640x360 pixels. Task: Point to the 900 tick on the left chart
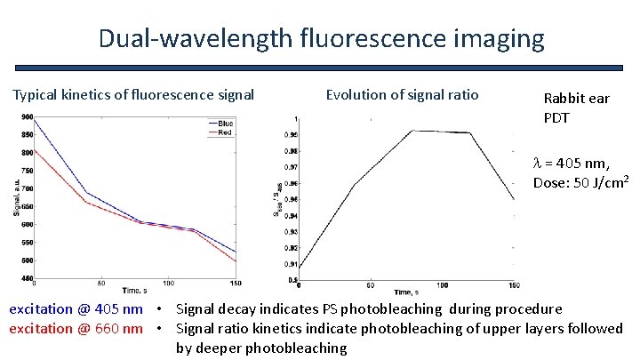[x=28, y=117]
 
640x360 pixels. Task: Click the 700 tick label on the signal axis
[x=28, y=188]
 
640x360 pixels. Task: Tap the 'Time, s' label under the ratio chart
[x=410, y=292]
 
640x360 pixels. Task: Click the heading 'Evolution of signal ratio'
[x=402, y=94]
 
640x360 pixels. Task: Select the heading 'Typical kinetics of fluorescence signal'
[x=132, y=94]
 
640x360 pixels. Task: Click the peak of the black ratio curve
[x=412, y=131]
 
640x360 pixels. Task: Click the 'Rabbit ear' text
[x=575, y=98]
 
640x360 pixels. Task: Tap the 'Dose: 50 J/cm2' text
[x=581, y=182]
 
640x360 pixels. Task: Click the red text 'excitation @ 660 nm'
[x=76, y=329]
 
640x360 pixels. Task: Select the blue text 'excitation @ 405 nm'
[x=76, y=309]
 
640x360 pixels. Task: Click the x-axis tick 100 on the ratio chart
[x=443, y=284]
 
